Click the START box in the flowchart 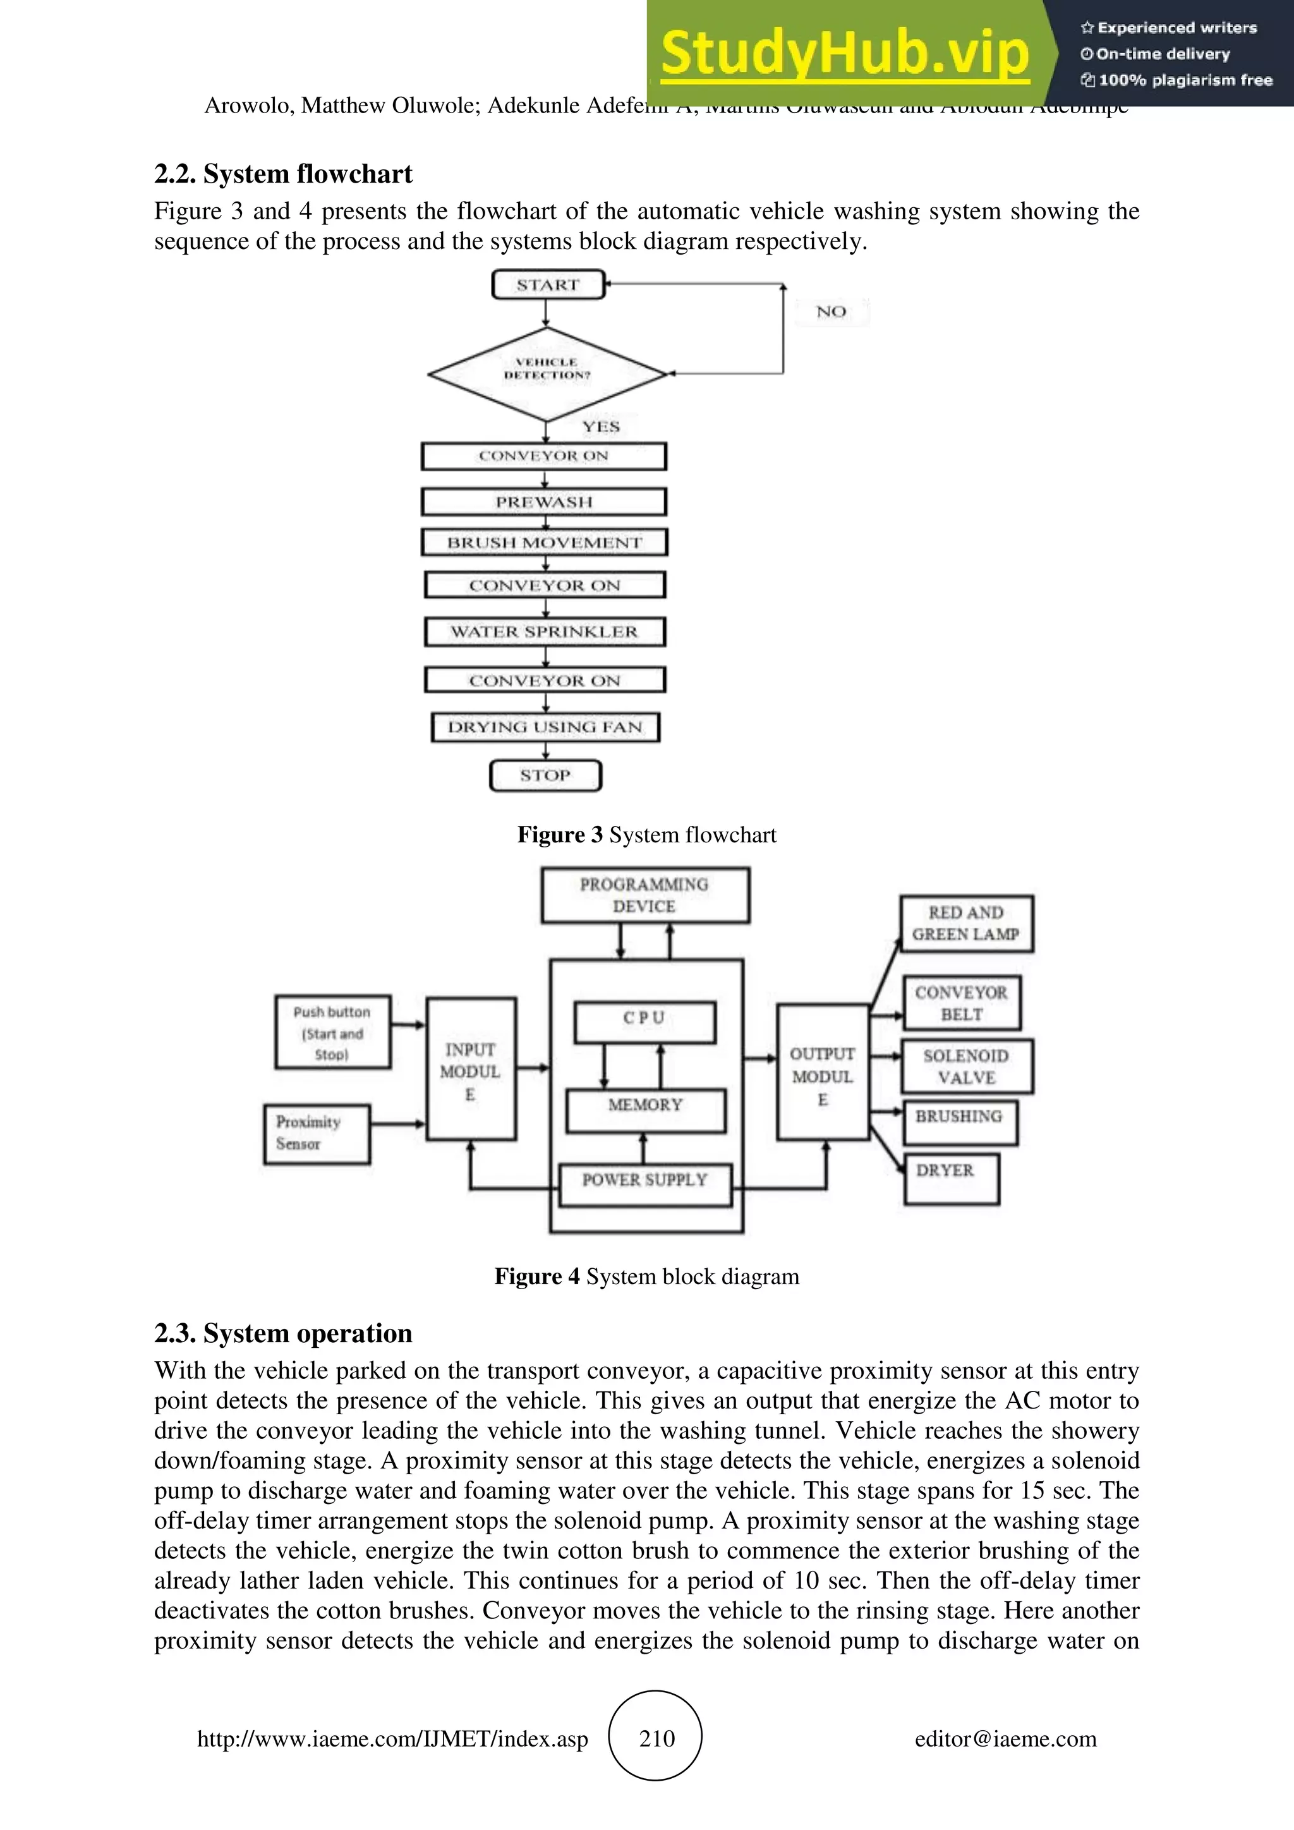pos(548,284)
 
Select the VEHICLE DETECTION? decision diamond pos(547,372)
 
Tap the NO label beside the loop pos(830,312)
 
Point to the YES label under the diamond pos(600,427)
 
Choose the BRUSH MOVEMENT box pos(543,543)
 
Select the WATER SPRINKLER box pos(544,632)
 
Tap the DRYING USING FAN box pos(545,727)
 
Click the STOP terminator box pos(545,775)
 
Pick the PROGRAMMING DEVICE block pos(644,895)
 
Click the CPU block pos(644,1021)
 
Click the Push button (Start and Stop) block pos(332,1032)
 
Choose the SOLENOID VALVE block pos(967,1067)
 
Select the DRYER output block pos(950,1177)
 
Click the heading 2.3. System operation pos(283,1333)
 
